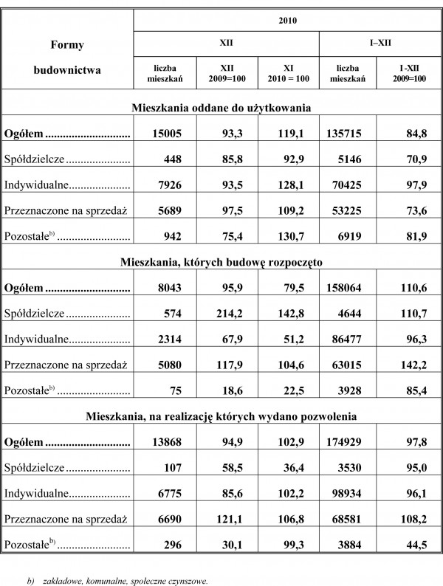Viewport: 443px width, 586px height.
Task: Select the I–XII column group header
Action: point(382,44)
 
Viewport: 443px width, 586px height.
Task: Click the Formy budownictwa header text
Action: point(66,58)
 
